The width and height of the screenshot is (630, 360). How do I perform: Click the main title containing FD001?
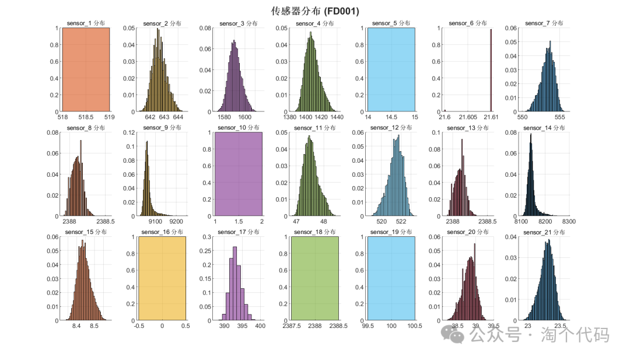(315, 11)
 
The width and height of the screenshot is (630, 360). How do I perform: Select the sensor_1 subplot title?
(85, 23)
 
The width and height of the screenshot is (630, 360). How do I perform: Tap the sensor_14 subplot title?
(545, 128)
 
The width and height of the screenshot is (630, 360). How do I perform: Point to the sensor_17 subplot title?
(239, 232)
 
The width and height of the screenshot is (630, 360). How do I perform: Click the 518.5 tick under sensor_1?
(86, 117)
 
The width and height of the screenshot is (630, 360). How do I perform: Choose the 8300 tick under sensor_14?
(569, 222)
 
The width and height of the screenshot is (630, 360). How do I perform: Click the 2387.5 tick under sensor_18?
(292, 327)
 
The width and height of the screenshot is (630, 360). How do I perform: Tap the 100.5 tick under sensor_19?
(415, 327)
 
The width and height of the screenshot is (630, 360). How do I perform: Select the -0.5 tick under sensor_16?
(139, 327)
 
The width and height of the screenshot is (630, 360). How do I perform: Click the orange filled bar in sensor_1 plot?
(86, 69)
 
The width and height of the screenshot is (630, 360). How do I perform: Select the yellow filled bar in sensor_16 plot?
(162, 278)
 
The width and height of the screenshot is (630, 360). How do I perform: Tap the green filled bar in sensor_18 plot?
(315, 278)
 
